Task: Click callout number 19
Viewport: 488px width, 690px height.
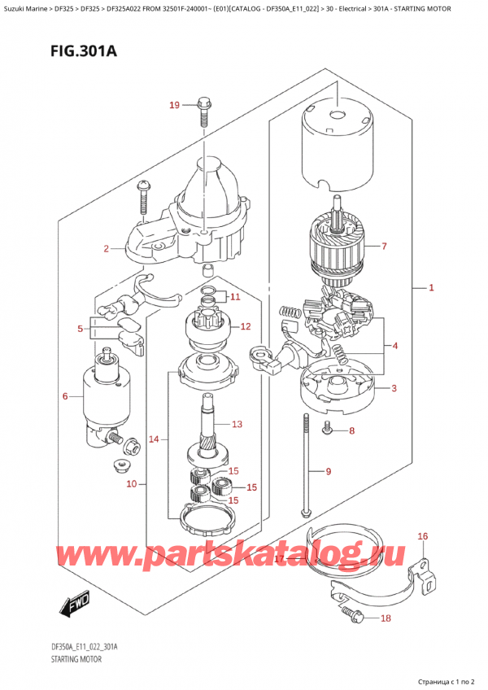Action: point(173,104)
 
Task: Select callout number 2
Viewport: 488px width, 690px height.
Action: point(106,248)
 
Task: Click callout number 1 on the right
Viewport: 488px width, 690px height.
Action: point(431,288)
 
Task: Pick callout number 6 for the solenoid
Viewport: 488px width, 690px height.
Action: point(65,396)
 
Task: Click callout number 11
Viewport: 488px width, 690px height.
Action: point(236,296)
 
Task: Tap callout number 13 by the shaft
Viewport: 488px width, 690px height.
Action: point(237,424)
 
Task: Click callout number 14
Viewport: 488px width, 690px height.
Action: point(155,440)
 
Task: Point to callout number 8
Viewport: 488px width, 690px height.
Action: point(351,430)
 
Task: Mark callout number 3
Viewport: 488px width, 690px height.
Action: point(394,388)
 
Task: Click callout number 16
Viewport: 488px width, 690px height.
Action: point(422,535)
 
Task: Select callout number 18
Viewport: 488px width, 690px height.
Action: point(386,619)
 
